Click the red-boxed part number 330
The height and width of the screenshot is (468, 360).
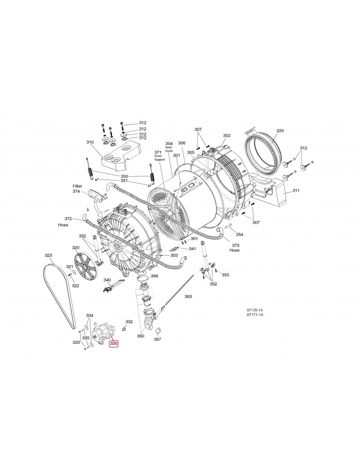(x=114, y=344)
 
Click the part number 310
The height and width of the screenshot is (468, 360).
(x=90, y=142)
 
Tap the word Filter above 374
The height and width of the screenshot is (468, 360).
(x=77, y=186)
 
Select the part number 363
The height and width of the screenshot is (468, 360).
(x=188, y=297)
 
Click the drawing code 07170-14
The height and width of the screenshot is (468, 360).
(x=255, y=310)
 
